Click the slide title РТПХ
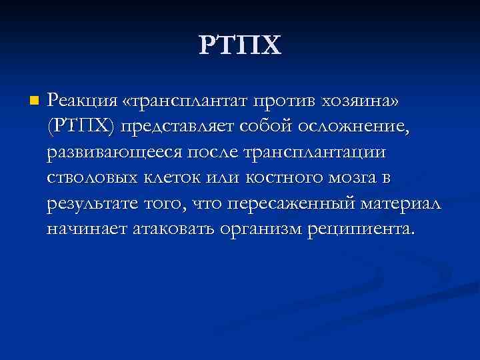[240, 46]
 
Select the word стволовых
[89, 178]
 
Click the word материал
[399, 204]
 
